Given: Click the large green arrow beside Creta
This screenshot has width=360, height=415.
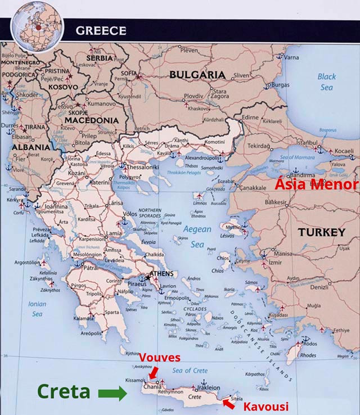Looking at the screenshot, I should pyautogui.click(x=112, y=393).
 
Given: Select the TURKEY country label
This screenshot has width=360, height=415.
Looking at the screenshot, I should pyautogui.click(x=321, y=232).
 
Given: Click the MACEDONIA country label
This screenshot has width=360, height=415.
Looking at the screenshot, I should pyautogui.click(x=92, y=120).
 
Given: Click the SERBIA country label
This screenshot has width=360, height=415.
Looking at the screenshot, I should pyautogui.click(x=100, y=57).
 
